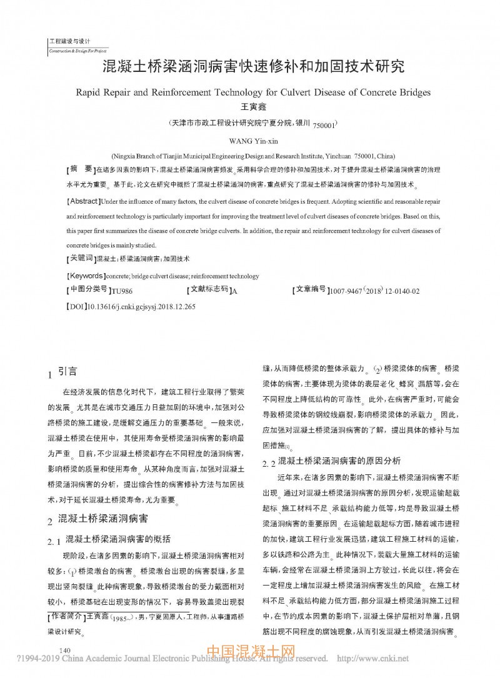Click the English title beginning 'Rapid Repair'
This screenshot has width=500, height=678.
coord(254,92)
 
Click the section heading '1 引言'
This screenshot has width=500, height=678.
coord(62,372)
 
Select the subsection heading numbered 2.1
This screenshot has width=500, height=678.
coord(109,538)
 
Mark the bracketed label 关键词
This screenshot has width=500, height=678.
coord(81,258)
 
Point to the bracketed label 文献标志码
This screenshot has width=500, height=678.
coord(209,291)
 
